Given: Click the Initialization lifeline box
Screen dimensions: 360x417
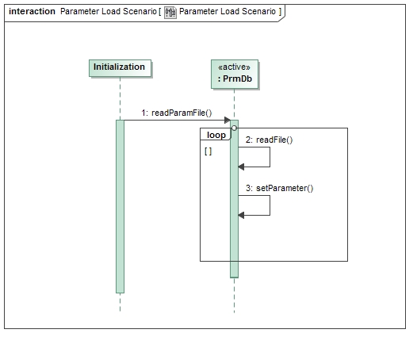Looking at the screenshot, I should (x=119, y=67).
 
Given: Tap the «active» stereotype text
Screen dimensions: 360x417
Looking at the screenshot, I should (x=235, y=67).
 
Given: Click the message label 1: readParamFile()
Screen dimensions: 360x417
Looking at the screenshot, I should (x=176, y=113).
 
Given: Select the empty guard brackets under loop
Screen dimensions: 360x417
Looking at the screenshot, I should (x=208, y=151).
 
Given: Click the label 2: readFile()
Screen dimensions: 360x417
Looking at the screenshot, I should (x=269, y=140).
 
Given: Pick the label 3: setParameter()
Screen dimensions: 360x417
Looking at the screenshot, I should (x=279, y=188).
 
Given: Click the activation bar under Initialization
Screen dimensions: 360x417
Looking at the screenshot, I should (x=120, y=206).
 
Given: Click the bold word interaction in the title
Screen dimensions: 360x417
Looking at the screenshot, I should (x=32, y=12).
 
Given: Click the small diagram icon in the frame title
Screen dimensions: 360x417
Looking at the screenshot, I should (x=170, y=12).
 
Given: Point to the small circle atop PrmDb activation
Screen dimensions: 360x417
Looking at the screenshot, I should (x=234, y=128).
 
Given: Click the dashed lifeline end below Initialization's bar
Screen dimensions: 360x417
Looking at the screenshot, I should (x=120, y=302).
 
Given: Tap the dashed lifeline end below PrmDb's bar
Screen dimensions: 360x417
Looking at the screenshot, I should (x=234, y=295).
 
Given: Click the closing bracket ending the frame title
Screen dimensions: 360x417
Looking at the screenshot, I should (x=279, y=12).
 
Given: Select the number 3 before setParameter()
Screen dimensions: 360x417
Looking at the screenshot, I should (x=248, y=188).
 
